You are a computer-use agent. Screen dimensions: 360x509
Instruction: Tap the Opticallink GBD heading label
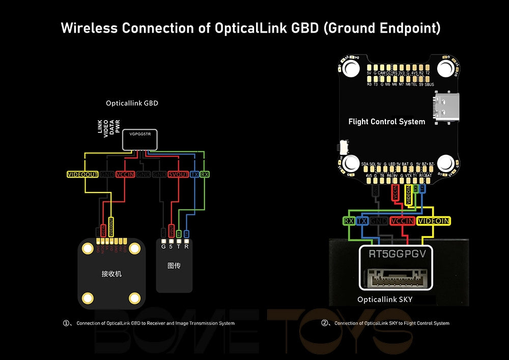click(132, 103)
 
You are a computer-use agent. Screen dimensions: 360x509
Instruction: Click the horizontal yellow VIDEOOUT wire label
click(82, 175)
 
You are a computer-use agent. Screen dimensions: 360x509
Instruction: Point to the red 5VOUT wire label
click(178, 175)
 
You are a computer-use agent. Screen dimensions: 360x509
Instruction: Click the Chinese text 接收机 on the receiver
click(111, 274)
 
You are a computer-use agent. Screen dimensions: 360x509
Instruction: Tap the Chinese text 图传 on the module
click(174, 266)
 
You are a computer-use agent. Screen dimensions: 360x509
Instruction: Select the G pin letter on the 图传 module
click(163, 247)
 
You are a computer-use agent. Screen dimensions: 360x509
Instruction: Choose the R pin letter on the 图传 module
click(186, 247)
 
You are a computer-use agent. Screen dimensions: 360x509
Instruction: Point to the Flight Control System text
click(386, 122)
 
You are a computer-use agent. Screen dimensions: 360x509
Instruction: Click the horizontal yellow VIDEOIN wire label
click(433, 221)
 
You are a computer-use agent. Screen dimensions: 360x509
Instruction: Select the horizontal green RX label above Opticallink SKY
click(349, 221)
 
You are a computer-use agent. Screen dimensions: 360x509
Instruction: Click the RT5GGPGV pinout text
click(399, 254)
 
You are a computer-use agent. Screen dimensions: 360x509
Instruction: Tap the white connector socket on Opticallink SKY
click(399, 279)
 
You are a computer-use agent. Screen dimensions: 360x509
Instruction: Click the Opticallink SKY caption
click(384, 300)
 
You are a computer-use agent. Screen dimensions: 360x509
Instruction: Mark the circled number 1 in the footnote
click(66, 323)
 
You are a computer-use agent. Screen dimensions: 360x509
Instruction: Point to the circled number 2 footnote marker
click(325, 323)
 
